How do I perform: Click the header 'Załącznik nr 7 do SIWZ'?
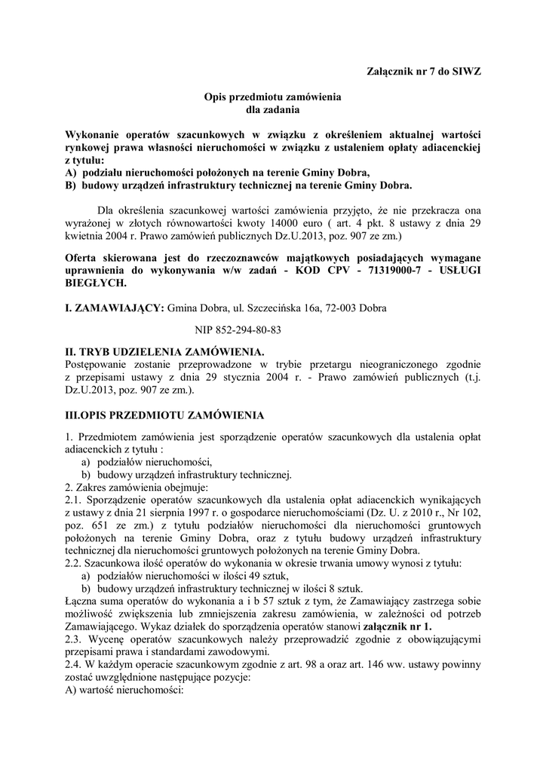coord(423,71)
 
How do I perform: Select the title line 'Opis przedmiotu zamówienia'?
coord(272,97)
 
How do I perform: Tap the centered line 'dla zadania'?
coord(272,109)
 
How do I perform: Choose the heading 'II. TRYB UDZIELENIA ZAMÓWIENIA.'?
coord(165,352)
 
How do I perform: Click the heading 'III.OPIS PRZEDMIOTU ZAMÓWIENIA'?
coord(164,415)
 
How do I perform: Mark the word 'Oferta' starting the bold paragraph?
coord(83,258)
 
